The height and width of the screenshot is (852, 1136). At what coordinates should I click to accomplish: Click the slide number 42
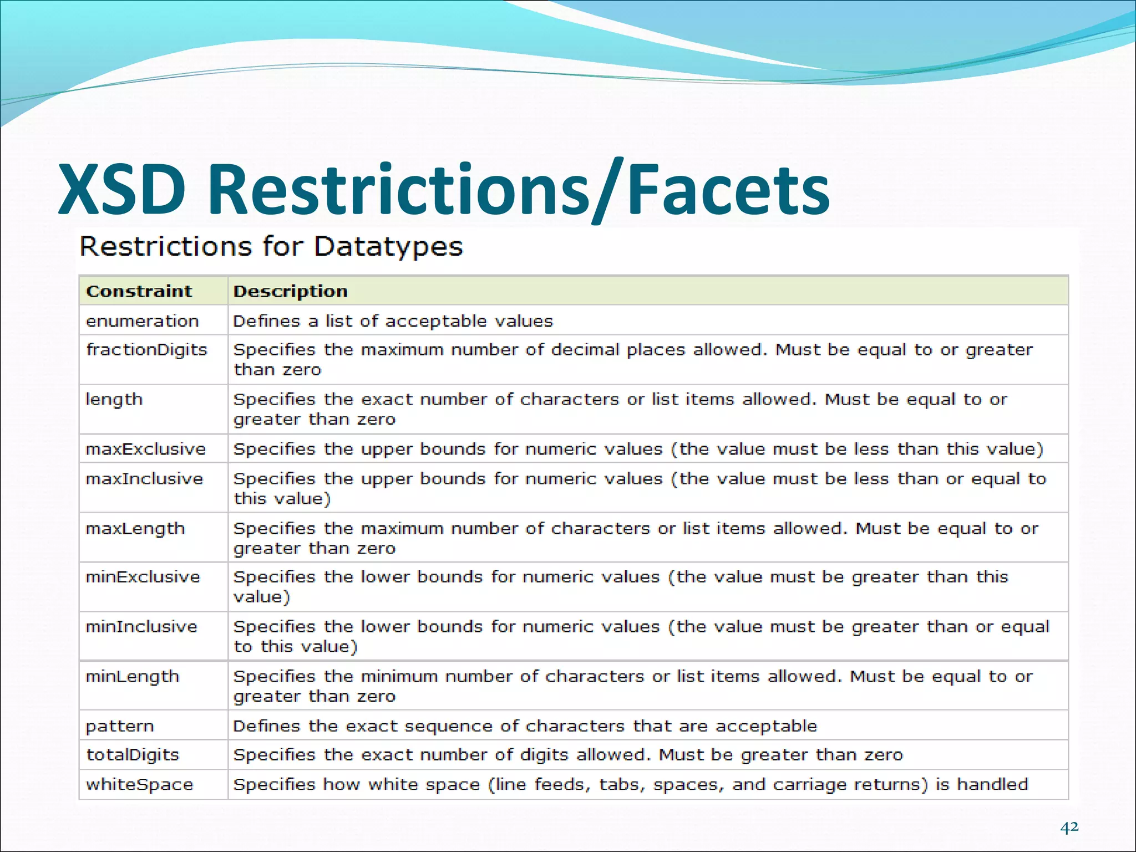coord(1069,827)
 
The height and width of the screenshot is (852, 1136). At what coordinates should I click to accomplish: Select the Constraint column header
coord(139,291)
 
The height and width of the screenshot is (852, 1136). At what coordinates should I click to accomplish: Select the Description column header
coord(290,291)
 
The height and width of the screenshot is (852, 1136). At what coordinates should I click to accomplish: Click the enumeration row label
coord(142,321)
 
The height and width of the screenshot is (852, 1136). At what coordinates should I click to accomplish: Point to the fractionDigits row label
coord(146,350)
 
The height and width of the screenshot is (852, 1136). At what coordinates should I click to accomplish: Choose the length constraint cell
coord(114,400)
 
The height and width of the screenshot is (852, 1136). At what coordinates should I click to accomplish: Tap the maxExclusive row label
coord(145,449)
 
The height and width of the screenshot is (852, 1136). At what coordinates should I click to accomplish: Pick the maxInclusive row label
coord(144,479)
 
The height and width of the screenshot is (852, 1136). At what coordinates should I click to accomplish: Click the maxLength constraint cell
coord(135,529)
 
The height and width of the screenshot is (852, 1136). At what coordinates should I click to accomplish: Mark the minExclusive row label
coord(143,577)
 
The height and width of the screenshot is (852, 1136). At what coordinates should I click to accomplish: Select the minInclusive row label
coord(141,627)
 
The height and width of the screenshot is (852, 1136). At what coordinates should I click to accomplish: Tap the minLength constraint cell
coord(133,677)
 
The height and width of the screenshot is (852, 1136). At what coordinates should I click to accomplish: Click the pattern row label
coord(120,727)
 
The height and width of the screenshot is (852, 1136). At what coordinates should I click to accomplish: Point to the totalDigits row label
coord(133,755)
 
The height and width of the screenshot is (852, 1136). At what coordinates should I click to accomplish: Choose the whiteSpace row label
coord(139,785)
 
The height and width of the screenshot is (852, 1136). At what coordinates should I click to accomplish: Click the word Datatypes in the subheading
coord(388,247)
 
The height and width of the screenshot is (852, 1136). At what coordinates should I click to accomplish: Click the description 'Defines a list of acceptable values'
coord(393,321)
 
